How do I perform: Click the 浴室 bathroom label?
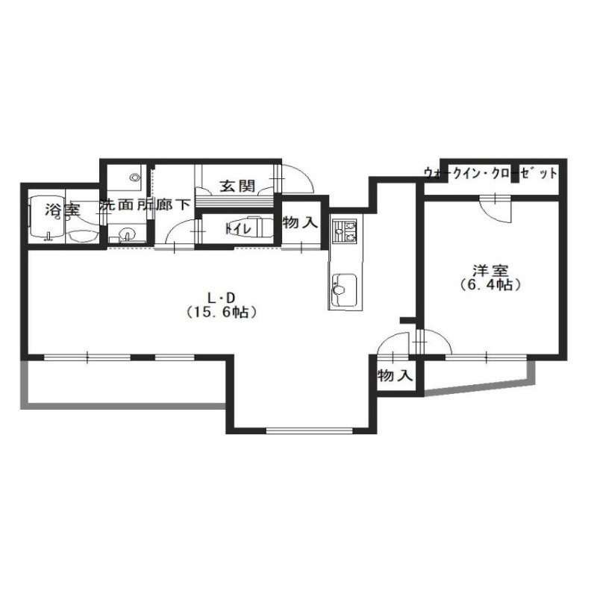point(63,210)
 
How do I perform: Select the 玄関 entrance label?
point(237,186)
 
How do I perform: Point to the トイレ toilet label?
point(238,229)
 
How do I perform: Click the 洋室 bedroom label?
point(490,271)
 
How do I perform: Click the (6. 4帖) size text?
point(490,285)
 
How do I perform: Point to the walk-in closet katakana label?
point(490,173)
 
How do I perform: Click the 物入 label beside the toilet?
point(300,222)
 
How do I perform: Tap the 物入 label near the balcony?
point(396,376)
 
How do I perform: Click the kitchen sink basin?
point(345,290)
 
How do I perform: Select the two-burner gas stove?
point(345,231)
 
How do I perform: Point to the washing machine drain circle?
point(134,177)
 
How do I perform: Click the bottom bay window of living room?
point(310,431)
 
